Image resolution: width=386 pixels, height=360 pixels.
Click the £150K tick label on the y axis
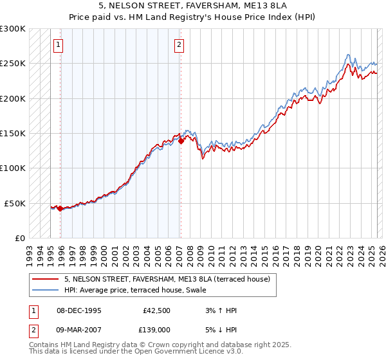(x=13, y=133)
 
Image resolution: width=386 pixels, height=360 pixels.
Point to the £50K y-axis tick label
(x=15, y=203)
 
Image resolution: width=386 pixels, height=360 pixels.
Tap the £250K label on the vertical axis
(x=13, y=64)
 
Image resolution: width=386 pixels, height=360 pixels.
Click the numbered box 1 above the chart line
(x=59, y=45)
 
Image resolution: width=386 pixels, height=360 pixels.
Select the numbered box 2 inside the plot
(x=178, y=45)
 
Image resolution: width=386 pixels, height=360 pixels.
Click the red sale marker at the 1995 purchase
(x=60, y=208)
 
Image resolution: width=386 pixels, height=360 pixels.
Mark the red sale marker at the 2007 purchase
(x=181, y=141)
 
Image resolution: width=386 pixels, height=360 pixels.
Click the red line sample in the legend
(x=45, y=279)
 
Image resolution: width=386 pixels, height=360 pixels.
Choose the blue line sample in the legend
(x=45, y=289)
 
